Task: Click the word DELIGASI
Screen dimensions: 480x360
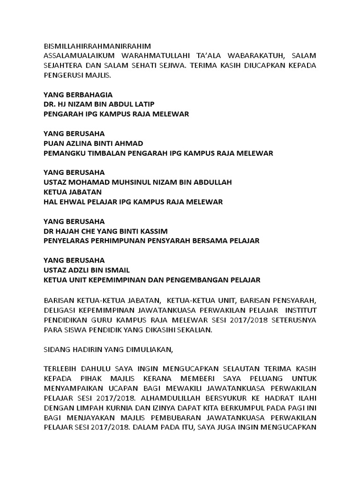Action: (59, 310)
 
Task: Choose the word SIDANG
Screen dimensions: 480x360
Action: (56, 349)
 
